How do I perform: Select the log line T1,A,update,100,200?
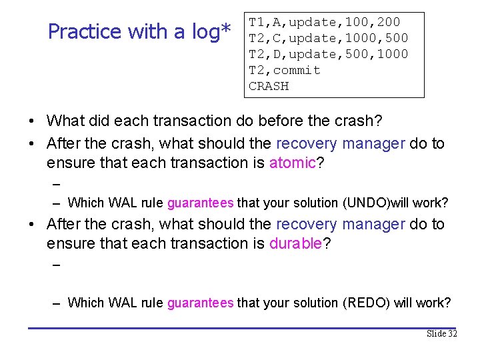[x=324, y=22]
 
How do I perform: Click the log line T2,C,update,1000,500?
[x=328, y=38]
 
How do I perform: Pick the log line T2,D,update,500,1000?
[x=328, y=54]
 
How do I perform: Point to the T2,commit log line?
[x=285, y=70]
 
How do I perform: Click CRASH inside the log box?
[x=269, y=86]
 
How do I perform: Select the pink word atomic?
[x=293, y=163]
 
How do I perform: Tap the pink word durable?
[x=295, y=243]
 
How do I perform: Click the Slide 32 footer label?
[x=441, y=333]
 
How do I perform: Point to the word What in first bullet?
[x=67, y=121]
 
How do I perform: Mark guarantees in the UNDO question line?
[x=200, y=203]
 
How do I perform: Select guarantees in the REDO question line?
[x=200, y=303]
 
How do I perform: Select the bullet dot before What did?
[x=32, y=122]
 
